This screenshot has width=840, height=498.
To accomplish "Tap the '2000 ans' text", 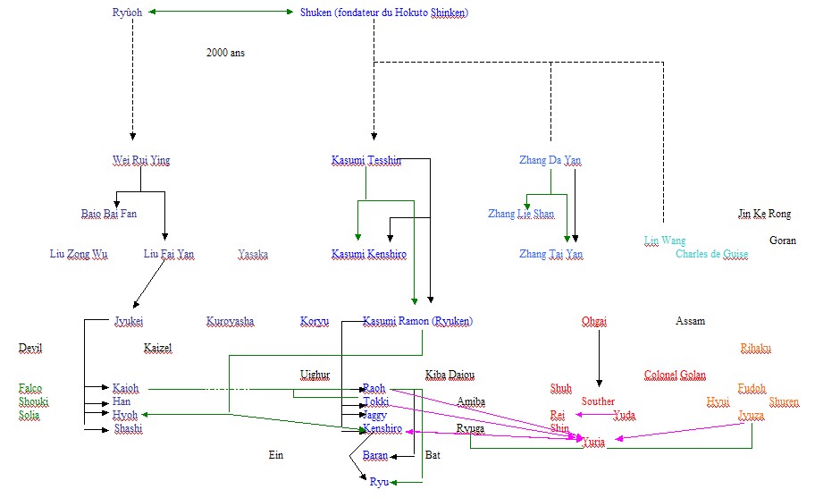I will (x=225, y=53).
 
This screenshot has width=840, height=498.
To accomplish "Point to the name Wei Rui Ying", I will (x=141, y=161).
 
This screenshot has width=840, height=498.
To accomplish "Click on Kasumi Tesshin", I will (x=365, y=161).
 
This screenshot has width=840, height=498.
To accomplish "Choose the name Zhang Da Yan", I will (x=550, y=161).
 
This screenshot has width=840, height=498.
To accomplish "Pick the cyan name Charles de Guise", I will (x=711, y=254).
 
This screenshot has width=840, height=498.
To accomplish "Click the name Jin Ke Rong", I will (x=764, y=214).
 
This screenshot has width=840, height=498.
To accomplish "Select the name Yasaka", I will (x=253, y=255).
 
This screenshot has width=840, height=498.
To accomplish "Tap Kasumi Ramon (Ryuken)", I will (x=417, y=321).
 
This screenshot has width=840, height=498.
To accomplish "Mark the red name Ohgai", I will (x=594, y=321).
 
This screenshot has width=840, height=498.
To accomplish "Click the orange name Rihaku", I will (x=755, y=348).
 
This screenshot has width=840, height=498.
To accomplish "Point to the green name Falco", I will (x=30, y=388).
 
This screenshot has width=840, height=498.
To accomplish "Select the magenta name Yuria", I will (x=593, y=442).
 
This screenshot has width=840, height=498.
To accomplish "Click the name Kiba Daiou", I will (x=449, y=375).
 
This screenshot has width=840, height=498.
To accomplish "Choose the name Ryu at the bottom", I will (x=379, y=482).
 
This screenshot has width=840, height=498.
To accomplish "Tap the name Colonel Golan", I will (x=675, y=375).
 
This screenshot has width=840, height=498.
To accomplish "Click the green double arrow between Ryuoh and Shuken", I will (x=221, y=12).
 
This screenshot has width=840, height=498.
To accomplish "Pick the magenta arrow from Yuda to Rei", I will (x=593, y=415).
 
